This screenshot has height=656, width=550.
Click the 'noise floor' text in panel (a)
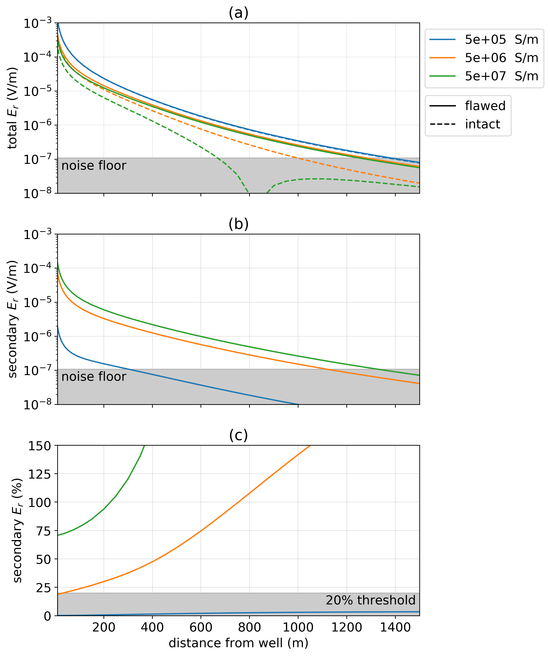click(94, 166)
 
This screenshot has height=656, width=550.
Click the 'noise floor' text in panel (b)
click(94, 377)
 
